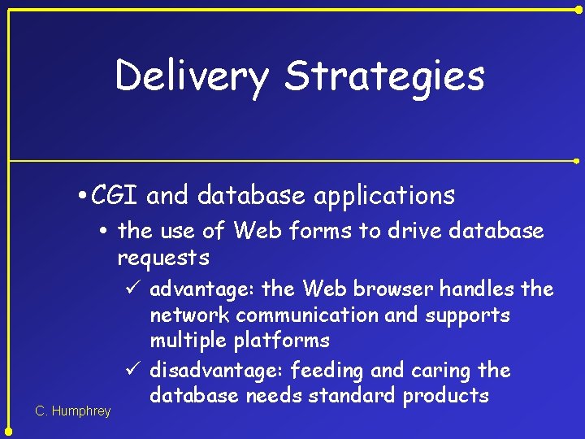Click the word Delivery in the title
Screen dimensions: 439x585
coord(192,76)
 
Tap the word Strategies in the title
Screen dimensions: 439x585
coord(384,76)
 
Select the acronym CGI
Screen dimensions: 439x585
coord(116,195)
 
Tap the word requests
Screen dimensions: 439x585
coord(163,259)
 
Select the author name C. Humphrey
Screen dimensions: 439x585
coord(73,411)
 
